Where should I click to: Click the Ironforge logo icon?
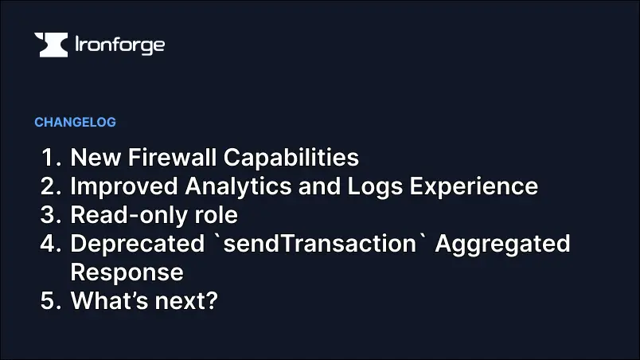pos(51,45)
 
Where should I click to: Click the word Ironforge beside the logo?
pos(119,45)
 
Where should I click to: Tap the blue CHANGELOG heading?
pos(75,122)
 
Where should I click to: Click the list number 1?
pos(49,157)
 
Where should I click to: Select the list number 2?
pos(49,186)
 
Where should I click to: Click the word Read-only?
pos(125,215)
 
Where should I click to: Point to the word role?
pos(213,215)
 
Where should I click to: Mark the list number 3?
pos(49,214)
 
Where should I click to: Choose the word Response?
pos(127,272)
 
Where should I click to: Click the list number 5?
pos(49,300)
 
